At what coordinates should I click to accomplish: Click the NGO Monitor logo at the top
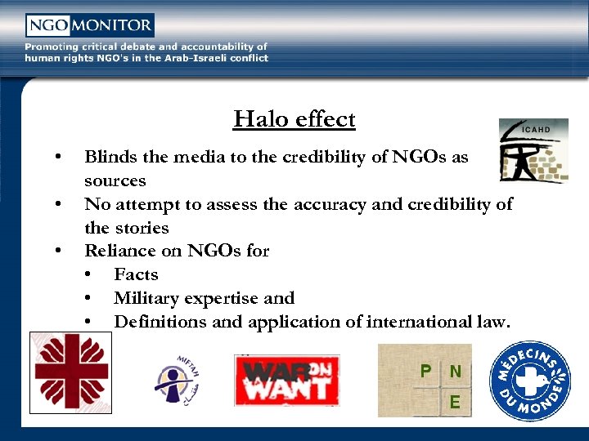[x=89, y=25]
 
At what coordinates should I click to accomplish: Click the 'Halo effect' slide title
[x=294, y=119]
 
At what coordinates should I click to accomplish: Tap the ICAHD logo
[x=533, y=150]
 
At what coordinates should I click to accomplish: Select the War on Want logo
[x=286, y=380]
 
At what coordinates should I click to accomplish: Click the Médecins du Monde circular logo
[x=529, y=381]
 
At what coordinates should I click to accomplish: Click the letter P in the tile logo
[x=425, y=372]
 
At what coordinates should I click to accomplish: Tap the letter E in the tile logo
[x=455, y=402]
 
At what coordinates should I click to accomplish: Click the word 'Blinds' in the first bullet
[x=110, y=157]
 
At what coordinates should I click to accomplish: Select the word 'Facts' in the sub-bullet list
[x=136, y=274]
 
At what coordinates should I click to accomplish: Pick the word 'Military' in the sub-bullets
[x=148, y=298]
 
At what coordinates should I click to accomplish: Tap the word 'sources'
[x=115, y=180]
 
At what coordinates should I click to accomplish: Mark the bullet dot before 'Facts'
[x=88, y=275]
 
